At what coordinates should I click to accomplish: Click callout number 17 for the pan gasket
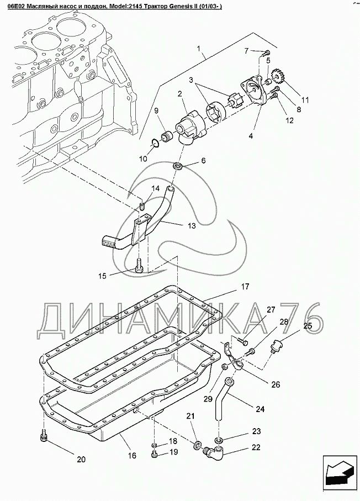(245, 287)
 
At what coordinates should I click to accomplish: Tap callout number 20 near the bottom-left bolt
(81, 460)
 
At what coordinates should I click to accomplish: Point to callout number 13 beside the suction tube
(192, 225)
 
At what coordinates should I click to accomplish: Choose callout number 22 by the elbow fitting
(256, 448)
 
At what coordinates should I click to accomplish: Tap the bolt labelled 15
(139, 268)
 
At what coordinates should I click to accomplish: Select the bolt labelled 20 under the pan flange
(43, 438)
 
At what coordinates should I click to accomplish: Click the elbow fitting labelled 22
(214, 453)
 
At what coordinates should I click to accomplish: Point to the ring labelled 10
(157, 144)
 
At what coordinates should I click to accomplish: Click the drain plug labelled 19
(155, 455)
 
